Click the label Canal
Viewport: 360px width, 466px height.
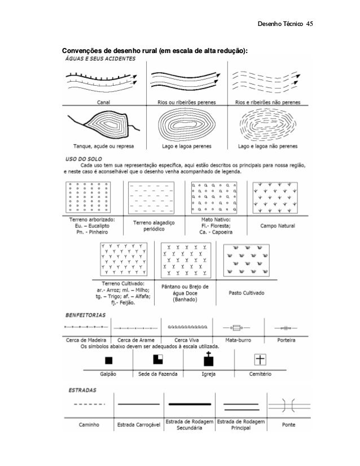tap(103, 103)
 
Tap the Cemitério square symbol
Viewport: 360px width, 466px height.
tap(260, 359)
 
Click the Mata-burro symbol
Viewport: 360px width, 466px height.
tap(237, 327)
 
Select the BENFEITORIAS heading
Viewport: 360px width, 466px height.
tap(86, 315)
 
